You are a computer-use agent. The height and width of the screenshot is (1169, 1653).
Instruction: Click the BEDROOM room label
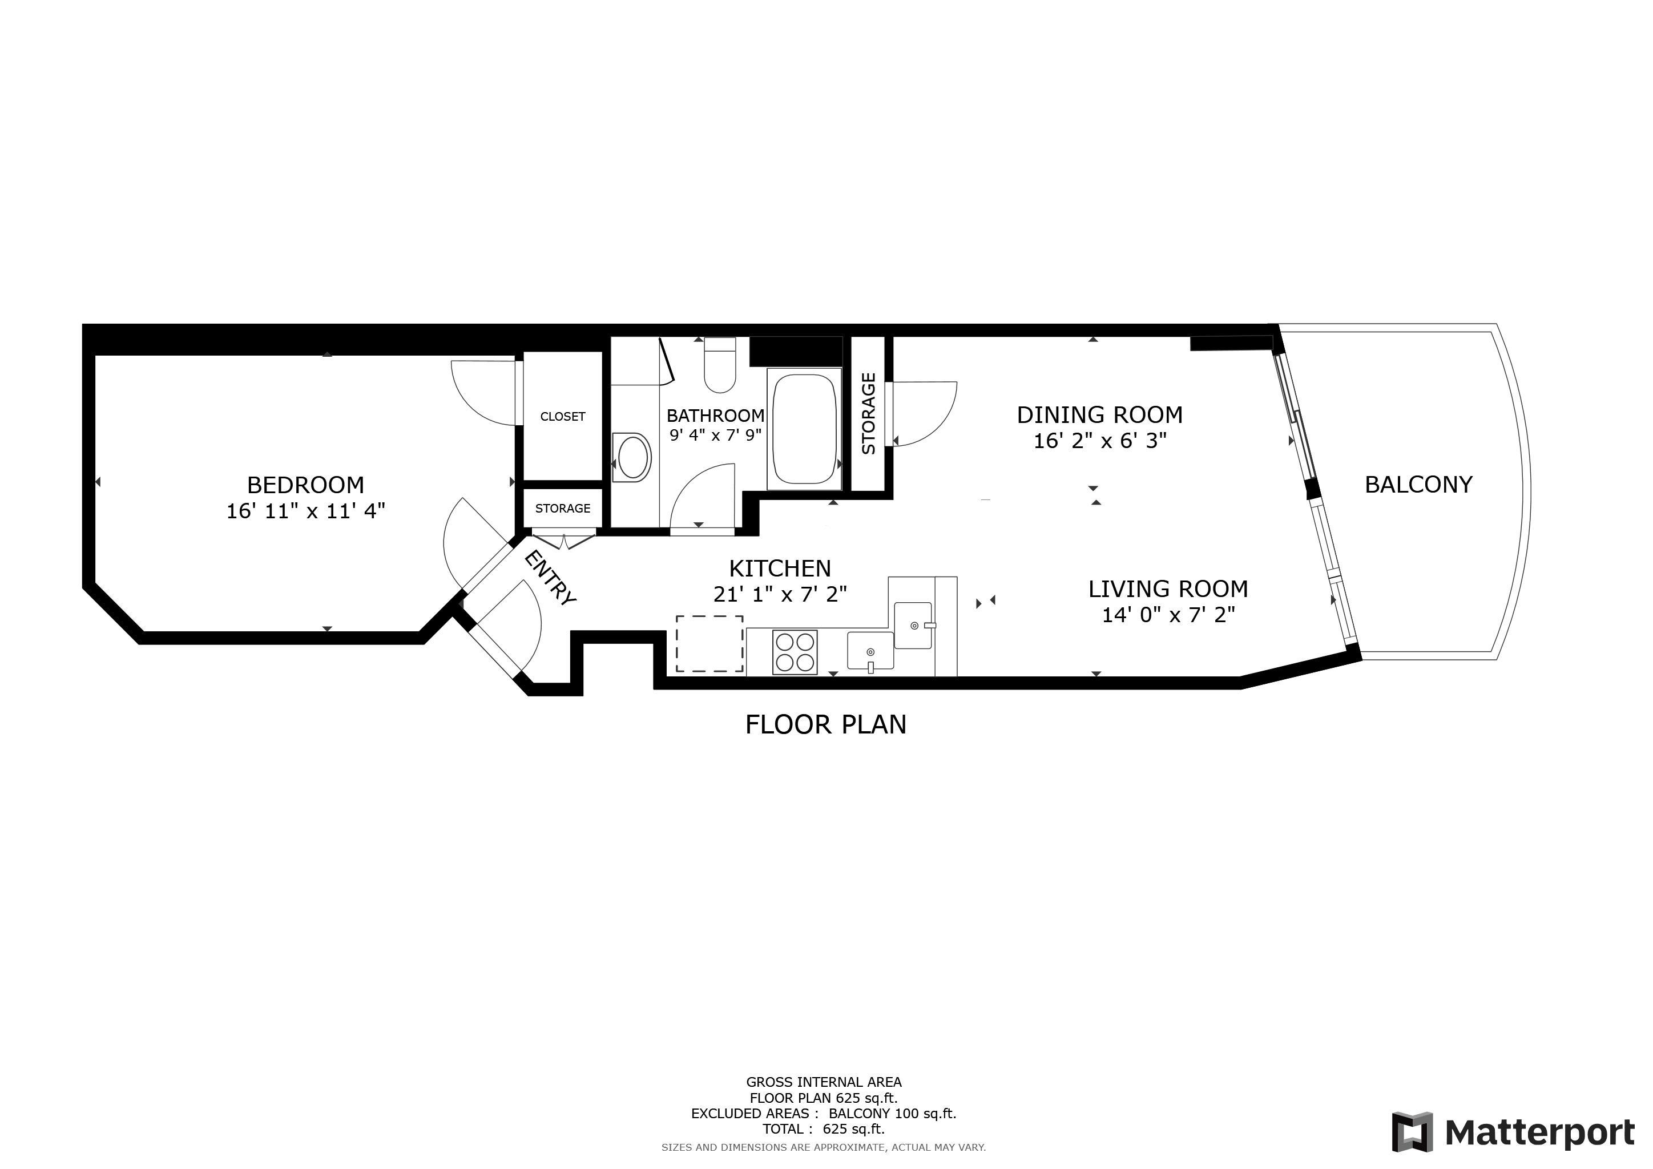[305, 485]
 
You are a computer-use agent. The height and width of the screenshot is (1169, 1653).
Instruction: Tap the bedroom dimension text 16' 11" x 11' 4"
[306, 510]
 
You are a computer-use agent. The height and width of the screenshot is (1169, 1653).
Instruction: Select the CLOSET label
[563, 416]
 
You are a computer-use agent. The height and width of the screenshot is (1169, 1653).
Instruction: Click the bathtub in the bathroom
[804, 429]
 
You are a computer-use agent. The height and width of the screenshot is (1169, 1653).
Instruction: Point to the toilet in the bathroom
[720, 366]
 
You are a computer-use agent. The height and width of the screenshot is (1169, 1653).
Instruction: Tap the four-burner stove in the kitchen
[795, 652]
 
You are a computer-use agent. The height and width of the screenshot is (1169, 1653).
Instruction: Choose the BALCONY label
[1418, 485]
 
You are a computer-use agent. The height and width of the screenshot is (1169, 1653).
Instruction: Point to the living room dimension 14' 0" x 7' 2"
[1168, 614]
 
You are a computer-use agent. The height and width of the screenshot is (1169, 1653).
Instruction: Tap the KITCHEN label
[780, 569]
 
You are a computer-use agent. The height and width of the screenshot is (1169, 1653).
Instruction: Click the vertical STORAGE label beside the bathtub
[869, 413]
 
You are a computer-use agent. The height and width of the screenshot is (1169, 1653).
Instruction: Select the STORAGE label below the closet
[563, 508]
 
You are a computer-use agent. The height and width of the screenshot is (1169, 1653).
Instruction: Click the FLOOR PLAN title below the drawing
[826, 724]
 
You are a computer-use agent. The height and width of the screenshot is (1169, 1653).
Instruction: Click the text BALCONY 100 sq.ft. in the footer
[893, 1114]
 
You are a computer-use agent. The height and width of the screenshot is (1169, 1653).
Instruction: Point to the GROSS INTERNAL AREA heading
[824, 1082]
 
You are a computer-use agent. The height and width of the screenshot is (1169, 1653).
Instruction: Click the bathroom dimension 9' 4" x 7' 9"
[716, 435]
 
